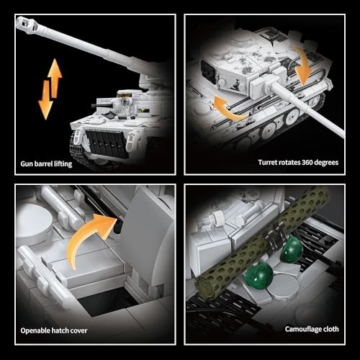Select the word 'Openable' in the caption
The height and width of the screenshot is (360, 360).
pyautogui.click(x=38, y=328)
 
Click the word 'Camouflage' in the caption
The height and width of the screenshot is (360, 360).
pyautogui.click(x=295, y=329)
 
